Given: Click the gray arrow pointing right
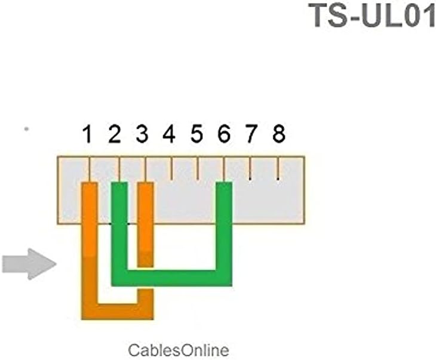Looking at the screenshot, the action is click(27, 263).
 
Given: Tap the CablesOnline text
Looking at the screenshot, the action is click(179, 349).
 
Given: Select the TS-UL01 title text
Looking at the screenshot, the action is click(372, 16).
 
